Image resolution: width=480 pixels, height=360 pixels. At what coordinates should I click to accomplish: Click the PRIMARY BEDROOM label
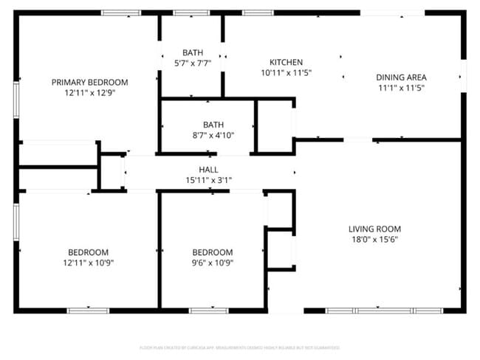89,82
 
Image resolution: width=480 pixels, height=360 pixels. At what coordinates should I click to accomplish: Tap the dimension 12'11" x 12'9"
89,93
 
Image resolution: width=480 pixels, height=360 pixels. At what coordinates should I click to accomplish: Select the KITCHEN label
286,62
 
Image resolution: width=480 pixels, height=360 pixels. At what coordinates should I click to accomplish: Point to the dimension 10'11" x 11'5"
286,73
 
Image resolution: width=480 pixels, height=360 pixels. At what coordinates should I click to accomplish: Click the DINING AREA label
401,77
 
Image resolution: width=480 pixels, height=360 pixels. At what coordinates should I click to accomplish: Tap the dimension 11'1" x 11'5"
401,88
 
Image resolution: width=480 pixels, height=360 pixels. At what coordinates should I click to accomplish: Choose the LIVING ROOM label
376,229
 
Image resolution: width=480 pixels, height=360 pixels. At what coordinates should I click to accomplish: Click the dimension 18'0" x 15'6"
376,240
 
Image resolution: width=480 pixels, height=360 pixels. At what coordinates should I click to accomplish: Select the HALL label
209,170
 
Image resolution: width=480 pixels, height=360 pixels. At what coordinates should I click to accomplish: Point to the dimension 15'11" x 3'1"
209,180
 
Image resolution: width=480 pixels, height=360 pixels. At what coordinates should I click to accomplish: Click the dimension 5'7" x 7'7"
193,63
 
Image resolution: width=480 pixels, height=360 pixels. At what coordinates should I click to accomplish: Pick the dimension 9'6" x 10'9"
212,263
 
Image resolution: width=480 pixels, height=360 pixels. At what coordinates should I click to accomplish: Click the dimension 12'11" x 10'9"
89,263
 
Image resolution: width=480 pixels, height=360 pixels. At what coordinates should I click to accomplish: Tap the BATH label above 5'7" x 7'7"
193,52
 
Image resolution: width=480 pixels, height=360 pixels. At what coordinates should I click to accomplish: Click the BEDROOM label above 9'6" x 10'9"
212,252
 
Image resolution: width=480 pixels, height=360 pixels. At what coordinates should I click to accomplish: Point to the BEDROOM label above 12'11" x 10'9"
89,252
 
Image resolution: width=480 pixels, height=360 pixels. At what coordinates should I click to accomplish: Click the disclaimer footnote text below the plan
239,347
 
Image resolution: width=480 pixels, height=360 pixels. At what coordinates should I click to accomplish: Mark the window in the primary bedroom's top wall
121,13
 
